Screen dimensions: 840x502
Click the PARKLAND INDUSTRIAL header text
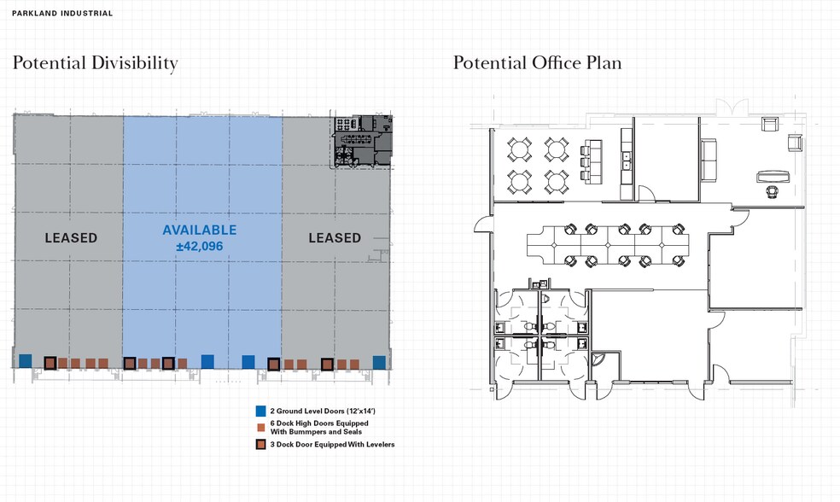62,14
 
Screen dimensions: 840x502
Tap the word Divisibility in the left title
134,63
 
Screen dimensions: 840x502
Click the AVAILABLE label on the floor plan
199,230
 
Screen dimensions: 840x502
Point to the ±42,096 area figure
199,247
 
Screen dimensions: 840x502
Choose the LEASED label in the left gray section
71,238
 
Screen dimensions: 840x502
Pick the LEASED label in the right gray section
335,238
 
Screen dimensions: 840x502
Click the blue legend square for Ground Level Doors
261,411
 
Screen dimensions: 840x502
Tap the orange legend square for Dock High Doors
261,428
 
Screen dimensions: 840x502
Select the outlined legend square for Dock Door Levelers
261,444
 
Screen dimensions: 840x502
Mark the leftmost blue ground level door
25,360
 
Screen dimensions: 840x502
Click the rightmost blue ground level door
379,362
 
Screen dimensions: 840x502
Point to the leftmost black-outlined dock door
50,363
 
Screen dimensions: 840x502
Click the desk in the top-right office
773,176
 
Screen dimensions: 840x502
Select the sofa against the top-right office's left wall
709,159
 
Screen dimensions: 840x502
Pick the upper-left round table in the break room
519,149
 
